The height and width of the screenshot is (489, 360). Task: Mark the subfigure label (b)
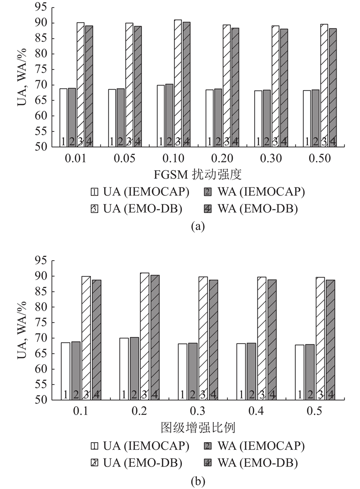(198, 481)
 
